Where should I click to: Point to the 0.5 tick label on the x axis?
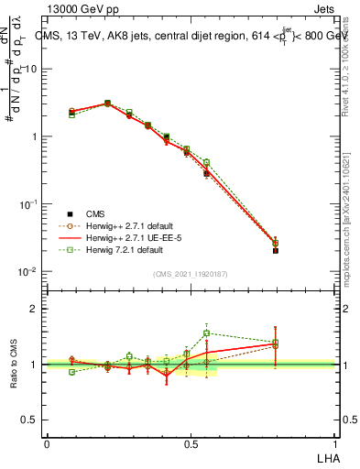coord(191,444)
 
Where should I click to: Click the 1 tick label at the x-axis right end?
coord(335,444)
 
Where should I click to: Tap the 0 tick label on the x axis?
coord(47,444)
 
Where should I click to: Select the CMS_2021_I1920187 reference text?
coord(191,273)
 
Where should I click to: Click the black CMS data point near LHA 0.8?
coord(276,250)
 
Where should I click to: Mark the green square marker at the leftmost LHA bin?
coord(71,115)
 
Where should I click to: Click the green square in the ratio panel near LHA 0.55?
coord(206,333)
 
